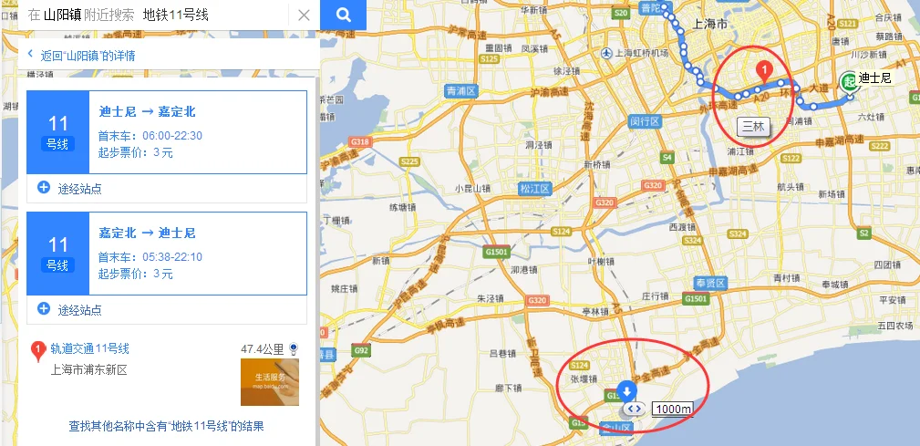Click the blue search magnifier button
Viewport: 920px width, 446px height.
point(343,15)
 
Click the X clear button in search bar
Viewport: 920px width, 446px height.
point(304,15)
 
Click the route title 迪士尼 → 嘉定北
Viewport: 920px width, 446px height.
point(147,112)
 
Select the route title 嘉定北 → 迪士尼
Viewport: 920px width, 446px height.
point(147,233)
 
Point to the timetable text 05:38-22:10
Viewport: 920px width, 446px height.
point(172,257)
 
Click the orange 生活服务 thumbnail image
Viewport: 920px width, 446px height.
point(269,382)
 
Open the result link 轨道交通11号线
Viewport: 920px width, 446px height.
point(90,348)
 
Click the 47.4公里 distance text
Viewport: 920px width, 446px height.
point(264,349)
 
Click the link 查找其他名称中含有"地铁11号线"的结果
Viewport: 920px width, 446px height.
point(166,426)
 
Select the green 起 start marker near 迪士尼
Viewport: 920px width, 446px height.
point(849,81)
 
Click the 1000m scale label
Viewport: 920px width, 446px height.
point(672,409)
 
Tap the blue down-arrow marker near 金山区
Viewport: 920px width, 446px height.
point(626,391)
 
